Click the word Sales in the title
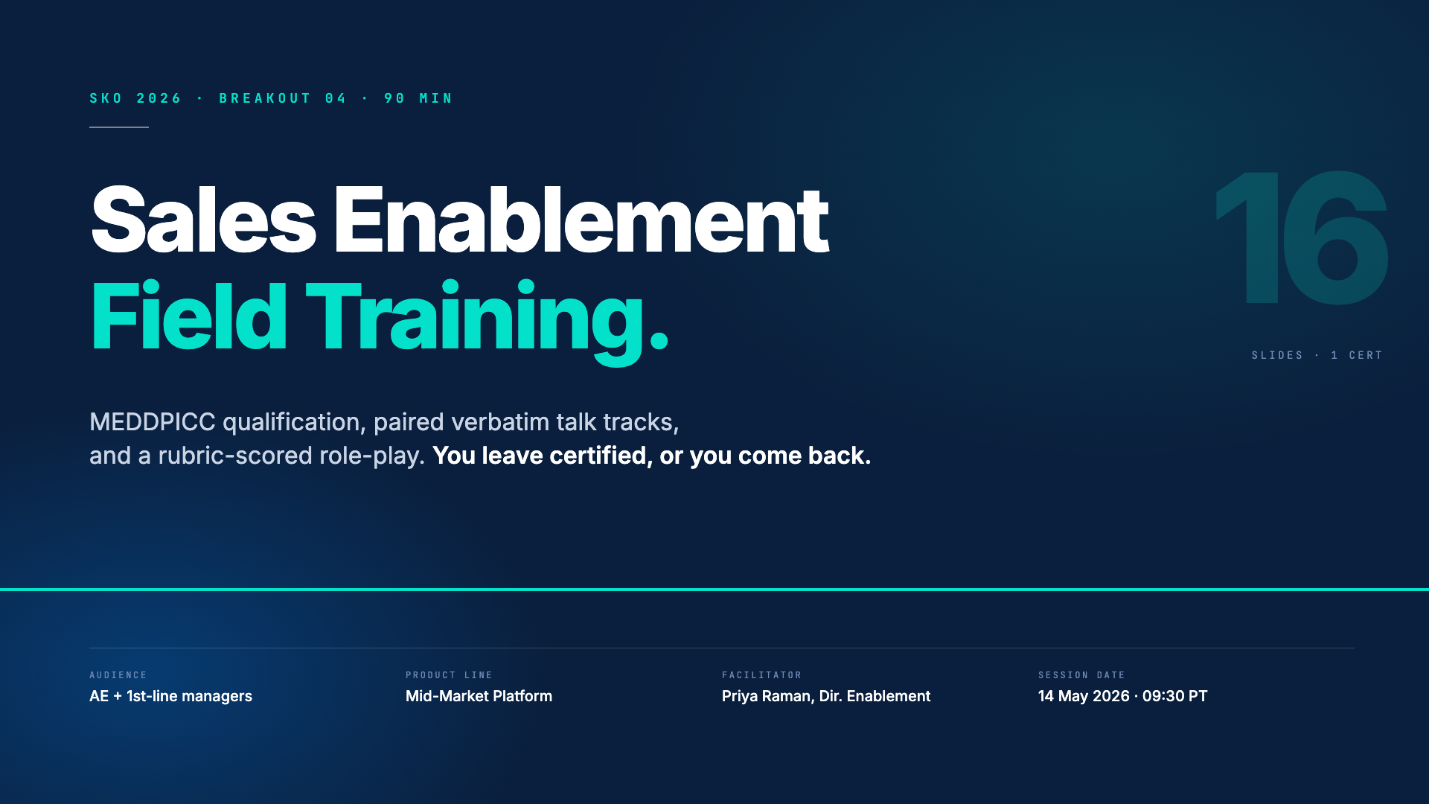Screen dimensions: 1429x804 pos(203,220)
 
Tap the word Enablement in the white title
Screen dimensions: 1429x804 pos(581,220)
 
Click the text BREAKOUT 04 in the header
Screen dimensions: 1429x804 pos(283,98)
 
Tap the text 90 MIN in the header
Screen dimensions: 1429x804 pos(418,98)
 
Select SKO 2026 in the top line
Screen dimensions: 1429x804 pos(135,98)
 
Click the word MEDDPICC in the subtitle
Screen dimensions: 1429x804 pos(153,422)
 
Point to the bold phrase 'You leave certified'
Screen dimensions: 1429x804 pos(540,456)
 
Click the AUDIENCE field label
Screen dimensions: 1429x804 pos(118,675)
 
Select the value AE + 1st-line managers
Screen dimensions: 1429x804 pos(170,696)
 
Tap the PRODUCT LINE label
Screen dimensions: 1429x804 pos(449,675)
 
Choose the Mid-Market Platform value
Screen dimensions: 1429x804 pos(479,696)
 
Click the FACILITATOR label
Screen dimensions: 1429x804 pos(761,675)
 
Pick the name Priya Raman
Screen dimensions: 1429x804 pos(767,696)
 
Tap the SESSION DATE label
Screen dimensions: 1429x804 pos(1081,675)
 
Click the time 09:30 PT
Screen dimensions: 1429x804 pos(1175,696)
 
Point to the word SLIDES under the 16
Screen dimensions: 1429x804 pos(1277,355)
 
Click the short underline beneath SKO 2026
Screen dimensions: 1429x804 pos(119,127)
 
